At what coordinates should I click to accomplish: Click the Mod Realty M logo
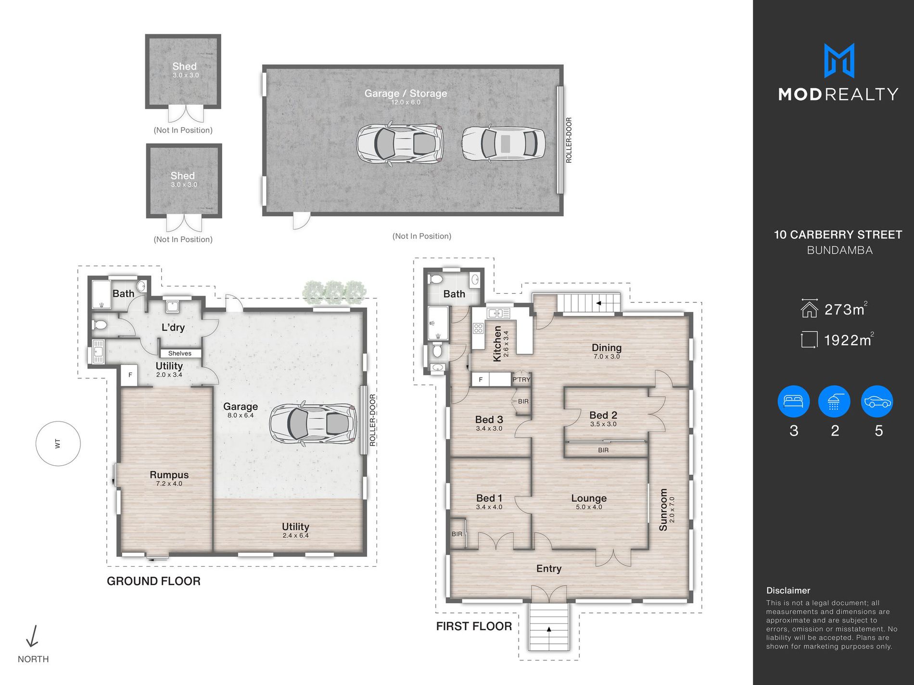[x=839, y=61]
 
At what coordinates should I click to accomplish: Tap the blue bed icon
[x=794, y=401]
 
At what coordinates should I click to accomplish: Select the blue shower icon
[x=834, y=401]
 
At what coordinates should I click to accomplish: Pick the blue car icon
[x=877, y=401]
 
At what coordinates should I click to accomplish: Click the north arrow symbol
[x=32, y=636]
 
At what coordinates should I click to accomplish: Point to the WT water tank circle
[x=58, y=443]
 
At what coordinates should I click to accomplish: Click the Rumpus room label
[x=169, y=475]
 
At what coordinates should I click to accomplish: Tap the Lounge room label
[x=589, y=498]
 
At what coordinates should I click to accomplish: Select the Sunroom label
[x=663, y=510]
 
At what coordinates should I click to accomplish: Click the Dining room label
[x=607, y=348]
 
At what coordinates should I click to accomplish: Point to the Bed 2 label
[x=603, y=415]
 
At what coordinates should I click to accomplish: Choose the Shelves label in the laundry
[x=180, y=353]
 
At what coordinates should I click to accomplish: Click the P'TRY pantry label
[x=521, y=379]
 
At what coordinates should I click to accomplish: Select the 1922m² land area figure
[x=849, y=340]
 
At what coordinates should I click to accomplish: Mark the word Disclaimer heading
[x=788, y=590]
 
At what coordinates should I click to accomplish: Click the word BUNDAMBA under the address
[x=839, y=250]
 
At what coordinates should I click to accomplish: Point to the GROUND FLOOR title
[x=153, y=581]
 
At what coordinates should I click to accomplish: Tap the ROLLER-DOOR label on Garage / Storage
[x=569, y=140]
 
